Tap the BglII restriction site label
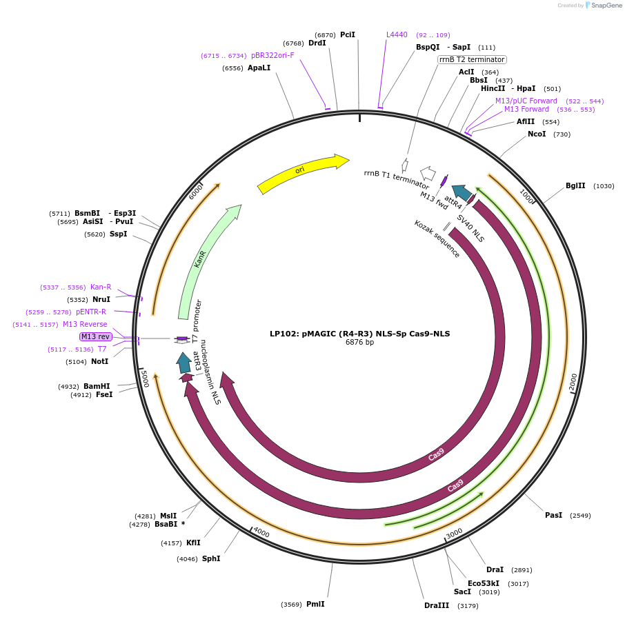coord(575,186)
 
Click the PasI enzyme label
coord(554,515)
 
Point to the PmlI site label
coord(315,605)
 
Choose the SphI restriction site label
coord(211,558)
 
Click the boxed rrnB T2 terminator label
coord(472,60)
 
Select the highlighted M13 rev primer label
coord(95,336)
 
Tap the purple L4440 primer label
coord(397,34)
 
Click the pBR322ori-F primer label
coord(272,55)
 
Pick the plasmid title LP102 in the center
coord(359,334)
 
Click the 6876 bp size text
coord(359,343)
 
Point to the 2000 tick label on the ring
coord(573,383)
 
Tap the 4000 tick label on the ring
coord(261,532)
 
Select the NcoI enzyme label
coord(537,134)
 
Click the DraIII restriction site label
coord(437,605)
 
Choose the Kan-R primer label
coord(101,287)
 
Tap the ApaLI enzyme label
coord(259,68)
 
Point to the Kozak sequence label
coord(437,239)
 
